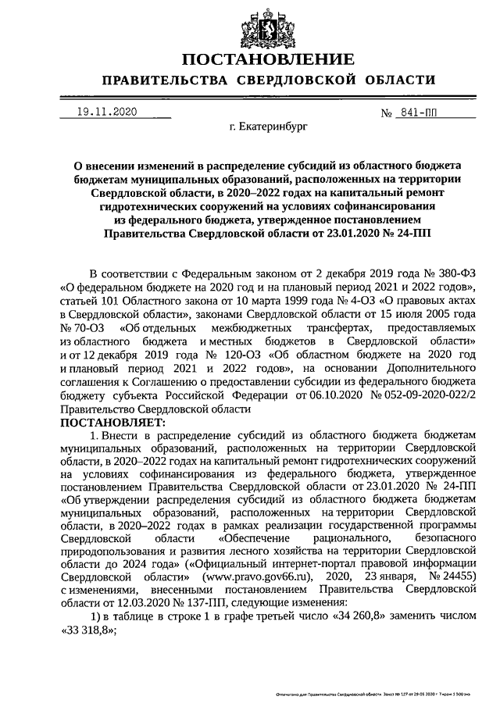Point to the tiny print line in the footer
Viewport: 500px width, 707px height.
(x=376, y=693)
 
